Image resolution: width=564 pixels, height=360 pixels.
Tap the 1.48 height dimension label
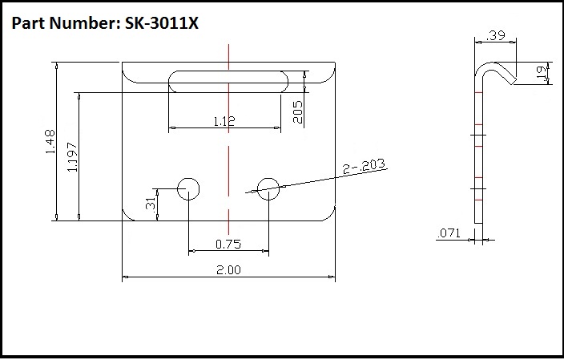coord(50,144)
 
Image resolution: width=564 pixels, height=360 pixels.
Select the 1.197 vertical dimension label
coord(73,156)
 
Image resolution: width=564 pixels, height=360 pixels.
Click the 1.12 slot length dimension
coord(224,121)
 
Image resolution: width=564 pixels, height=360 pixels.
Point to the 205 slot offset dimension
coord(297,111)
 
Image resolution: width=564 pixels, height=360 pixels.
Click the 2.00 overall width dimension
coord(228,270)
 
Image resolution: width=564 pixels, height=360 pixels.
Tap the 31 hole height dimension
coord(151,204)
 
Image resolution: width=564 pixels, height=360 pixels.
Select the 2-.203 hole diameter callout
coord(364,167)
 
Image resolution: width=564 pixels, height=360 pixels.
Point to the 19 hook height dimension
coord(541,75)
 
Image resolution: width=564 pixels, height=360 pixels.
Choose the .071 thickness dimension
coord(448,234)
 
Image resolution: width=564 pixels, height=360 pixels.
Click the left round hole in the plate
coord(188,188)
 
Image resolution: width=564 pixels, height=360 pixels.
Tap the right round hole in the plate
coord(268,188)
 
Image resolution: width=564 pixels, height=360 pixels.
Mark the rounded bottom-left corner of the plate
coord(127,214)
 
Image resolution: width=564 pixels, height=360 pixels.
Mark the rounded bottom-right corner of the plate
coord(329,214)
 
